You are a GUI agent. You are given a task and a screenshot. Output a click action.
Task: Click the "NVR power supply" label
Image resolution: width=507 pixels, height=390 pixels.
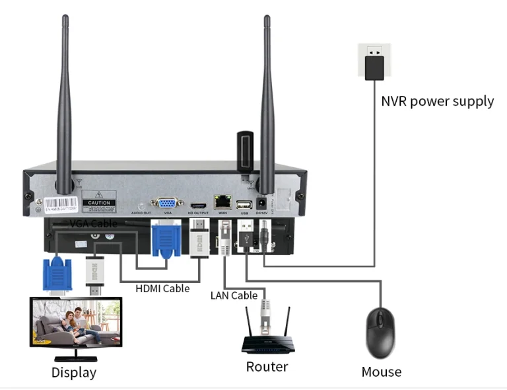(x=437, y=101)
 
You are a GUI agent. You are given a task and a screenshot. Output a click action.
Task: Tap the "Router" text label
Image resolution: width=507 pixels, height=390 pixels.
(x=267, y=366)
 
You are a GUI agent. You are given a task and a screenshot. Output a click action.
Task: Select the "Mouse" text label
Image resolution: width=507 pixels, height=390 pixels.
(x=381, y=371)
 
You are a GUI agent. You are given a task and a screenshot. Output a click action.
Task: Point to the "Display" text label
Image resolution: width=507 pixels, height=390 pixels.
(x=73, y=373)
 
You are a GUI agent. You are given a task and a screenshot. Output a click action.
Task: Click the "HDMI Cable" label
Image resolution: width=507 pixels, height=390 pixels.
(x=162, y=288)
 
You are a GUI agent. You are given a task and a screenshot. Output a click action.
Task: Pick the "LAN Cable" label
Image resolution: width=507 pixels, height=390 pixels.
(x=234, y=295)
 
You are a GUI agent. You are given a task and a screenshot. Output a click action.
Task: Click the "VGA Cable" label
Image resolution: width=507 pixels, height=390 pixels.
(x=93, y=223)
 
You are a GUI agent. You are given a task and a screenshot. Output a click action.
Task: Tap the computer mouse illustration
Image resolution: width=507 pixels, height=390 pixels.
(x=380, y=331)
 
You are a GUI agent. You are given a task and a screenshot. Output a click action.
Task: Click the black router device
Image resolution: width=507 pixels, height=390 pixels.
(x=267, y=343)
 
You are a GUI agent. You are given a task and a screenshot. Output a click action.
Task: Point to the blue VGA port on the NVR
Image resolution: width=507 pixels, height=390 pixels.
(x=168, y=204)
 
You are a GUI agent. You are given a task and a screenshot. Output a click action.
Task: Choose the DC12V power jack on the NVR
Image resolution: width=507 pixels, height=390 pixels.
(x=261, y=204)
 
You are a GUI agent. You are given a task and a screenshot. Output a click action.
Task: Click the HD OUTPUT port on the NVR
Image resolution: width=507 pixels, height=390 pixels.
(x=199, y=205)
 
